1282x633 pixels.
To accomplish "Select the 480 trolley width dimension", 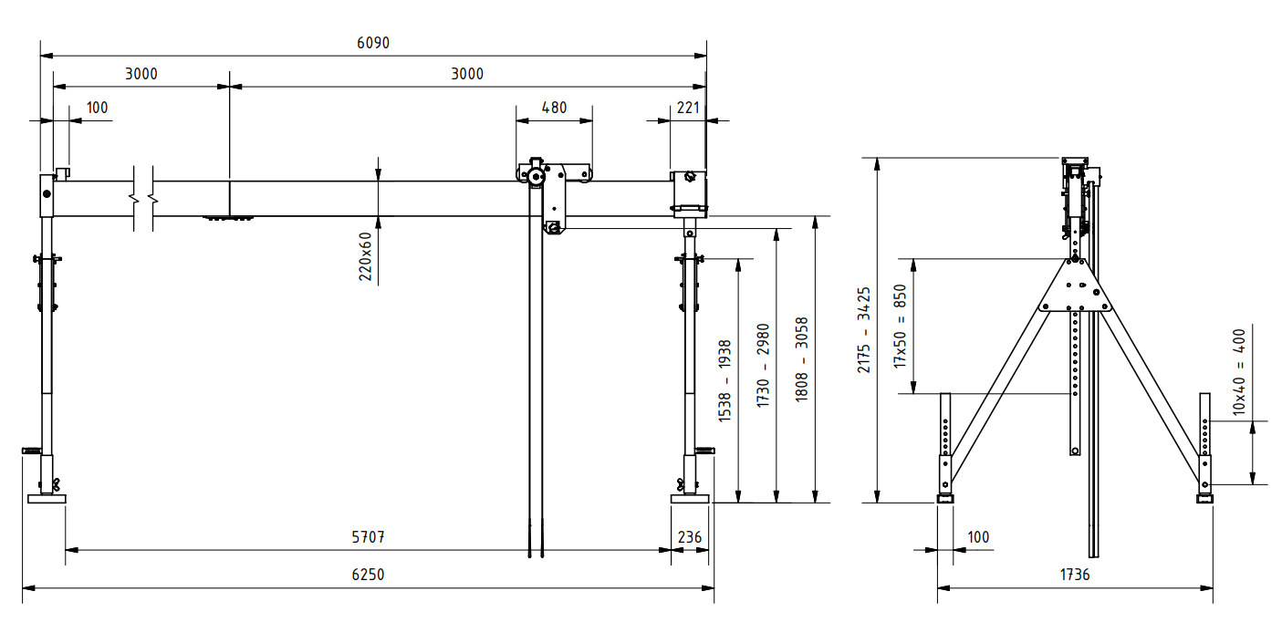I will tap(554, 108).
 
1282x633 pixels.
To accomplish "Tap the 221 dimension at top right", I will tap(688, 108).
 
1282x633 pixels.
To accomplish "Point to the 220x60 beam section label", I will tap(365, 256).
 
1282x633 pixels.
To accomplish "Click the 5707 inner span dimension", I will tap(368, 538).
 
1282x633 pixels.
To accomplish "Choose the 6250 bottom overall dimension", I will tap(368, 576).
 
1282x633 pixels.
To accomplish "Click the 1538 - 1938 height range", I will tap(725, 380).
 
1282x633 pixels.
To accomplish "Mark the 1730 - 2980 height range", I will tap(764, 365).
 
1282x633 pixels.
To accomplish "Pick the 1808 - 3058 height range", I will tap(802, 360).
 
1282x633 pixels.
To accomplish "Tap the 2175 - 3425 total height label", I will tap(865, 330).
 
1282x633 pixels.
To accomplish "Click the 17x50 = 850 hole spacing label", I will tap(901, 326).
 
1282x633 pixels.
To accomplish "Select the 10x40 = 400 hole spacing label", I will tap(1239, 371).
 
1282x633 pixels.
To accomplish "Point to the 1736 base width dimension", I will tap(1074, 576).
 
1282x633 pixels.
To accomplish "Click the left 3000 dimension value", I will tap(141, 75).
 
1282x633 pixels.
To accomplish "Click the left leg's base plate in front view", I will tap(47, 498).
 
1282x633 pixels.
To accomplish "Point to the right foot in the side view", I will tap(1205, 498).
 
